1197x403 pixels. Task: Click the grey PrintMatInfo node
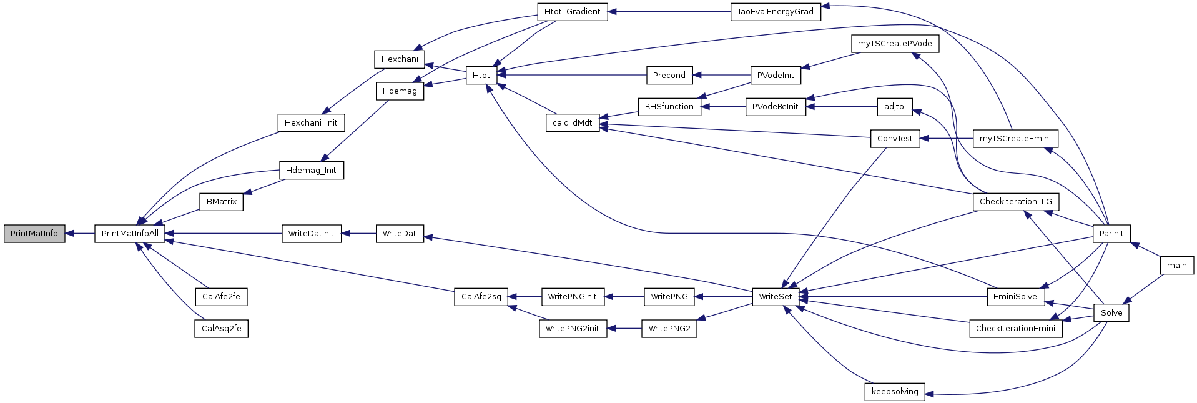click(x=34, y=234)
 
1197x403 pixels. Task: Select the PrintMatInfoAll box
click(x=130, y=234)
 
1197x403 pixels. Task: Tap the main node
click(x=1177, y=266)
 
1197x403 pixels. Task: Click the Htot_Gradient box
click(x=573, y=12)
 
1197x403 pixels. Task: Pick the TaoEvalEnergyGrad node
click(x=776, y=12)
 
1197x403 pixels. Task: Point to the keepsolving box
click(x=895, y=392)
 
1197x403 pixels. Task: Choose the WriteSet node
click(x=776, y=297)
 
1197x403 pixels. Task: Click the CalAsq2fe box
click(x=222, y=329)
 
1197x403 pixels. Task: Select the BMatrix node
click(x=222, y=202)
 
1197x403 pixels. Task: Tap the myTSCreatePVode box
click(x=895, y=44)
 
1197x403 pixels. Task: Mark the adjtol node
click(x=895, y=107)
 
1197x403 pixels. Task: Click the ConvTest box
click(x=895, y=139)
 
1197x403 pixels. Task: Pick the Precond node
click(x=669, y=76)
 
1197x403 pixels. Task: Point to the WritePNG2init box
click(x=573, y=329)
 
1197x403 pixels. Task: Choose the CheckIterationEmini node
click(x=1015, y=329)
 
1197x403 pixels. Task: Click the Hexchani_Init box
click(x=311, y=123)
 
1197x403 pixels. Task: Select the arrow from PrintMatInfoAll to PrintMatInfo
click(x=80, y=234)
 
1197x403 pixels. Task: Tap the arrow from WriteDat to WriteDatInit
click(x=358, y=234)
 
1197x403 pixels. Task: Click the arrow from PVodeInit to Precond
click(x=721, y=76)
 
